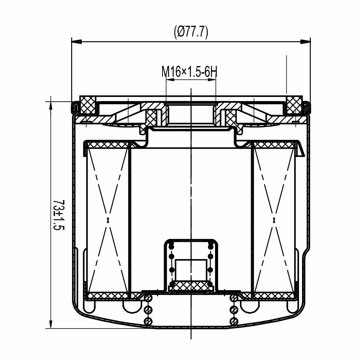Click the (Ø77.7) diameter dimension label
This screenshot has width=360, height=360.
[x=191, y=32]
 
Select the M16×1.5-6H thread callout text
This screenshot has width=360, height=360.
[x=189, y=71]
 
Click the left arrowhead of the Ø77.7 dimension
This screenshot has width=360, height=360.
[x=77, y=41]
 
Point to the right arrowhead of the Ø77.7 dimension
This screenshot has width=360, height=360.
[x=305, y=41]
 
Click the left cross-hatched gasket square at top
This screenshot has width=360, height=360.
[x=87, y=105]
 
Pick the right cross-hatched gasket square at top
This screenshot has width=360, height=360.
[x=294, y=105]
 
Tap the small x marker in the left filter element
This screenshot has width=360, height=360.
[x=108, y=220]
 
